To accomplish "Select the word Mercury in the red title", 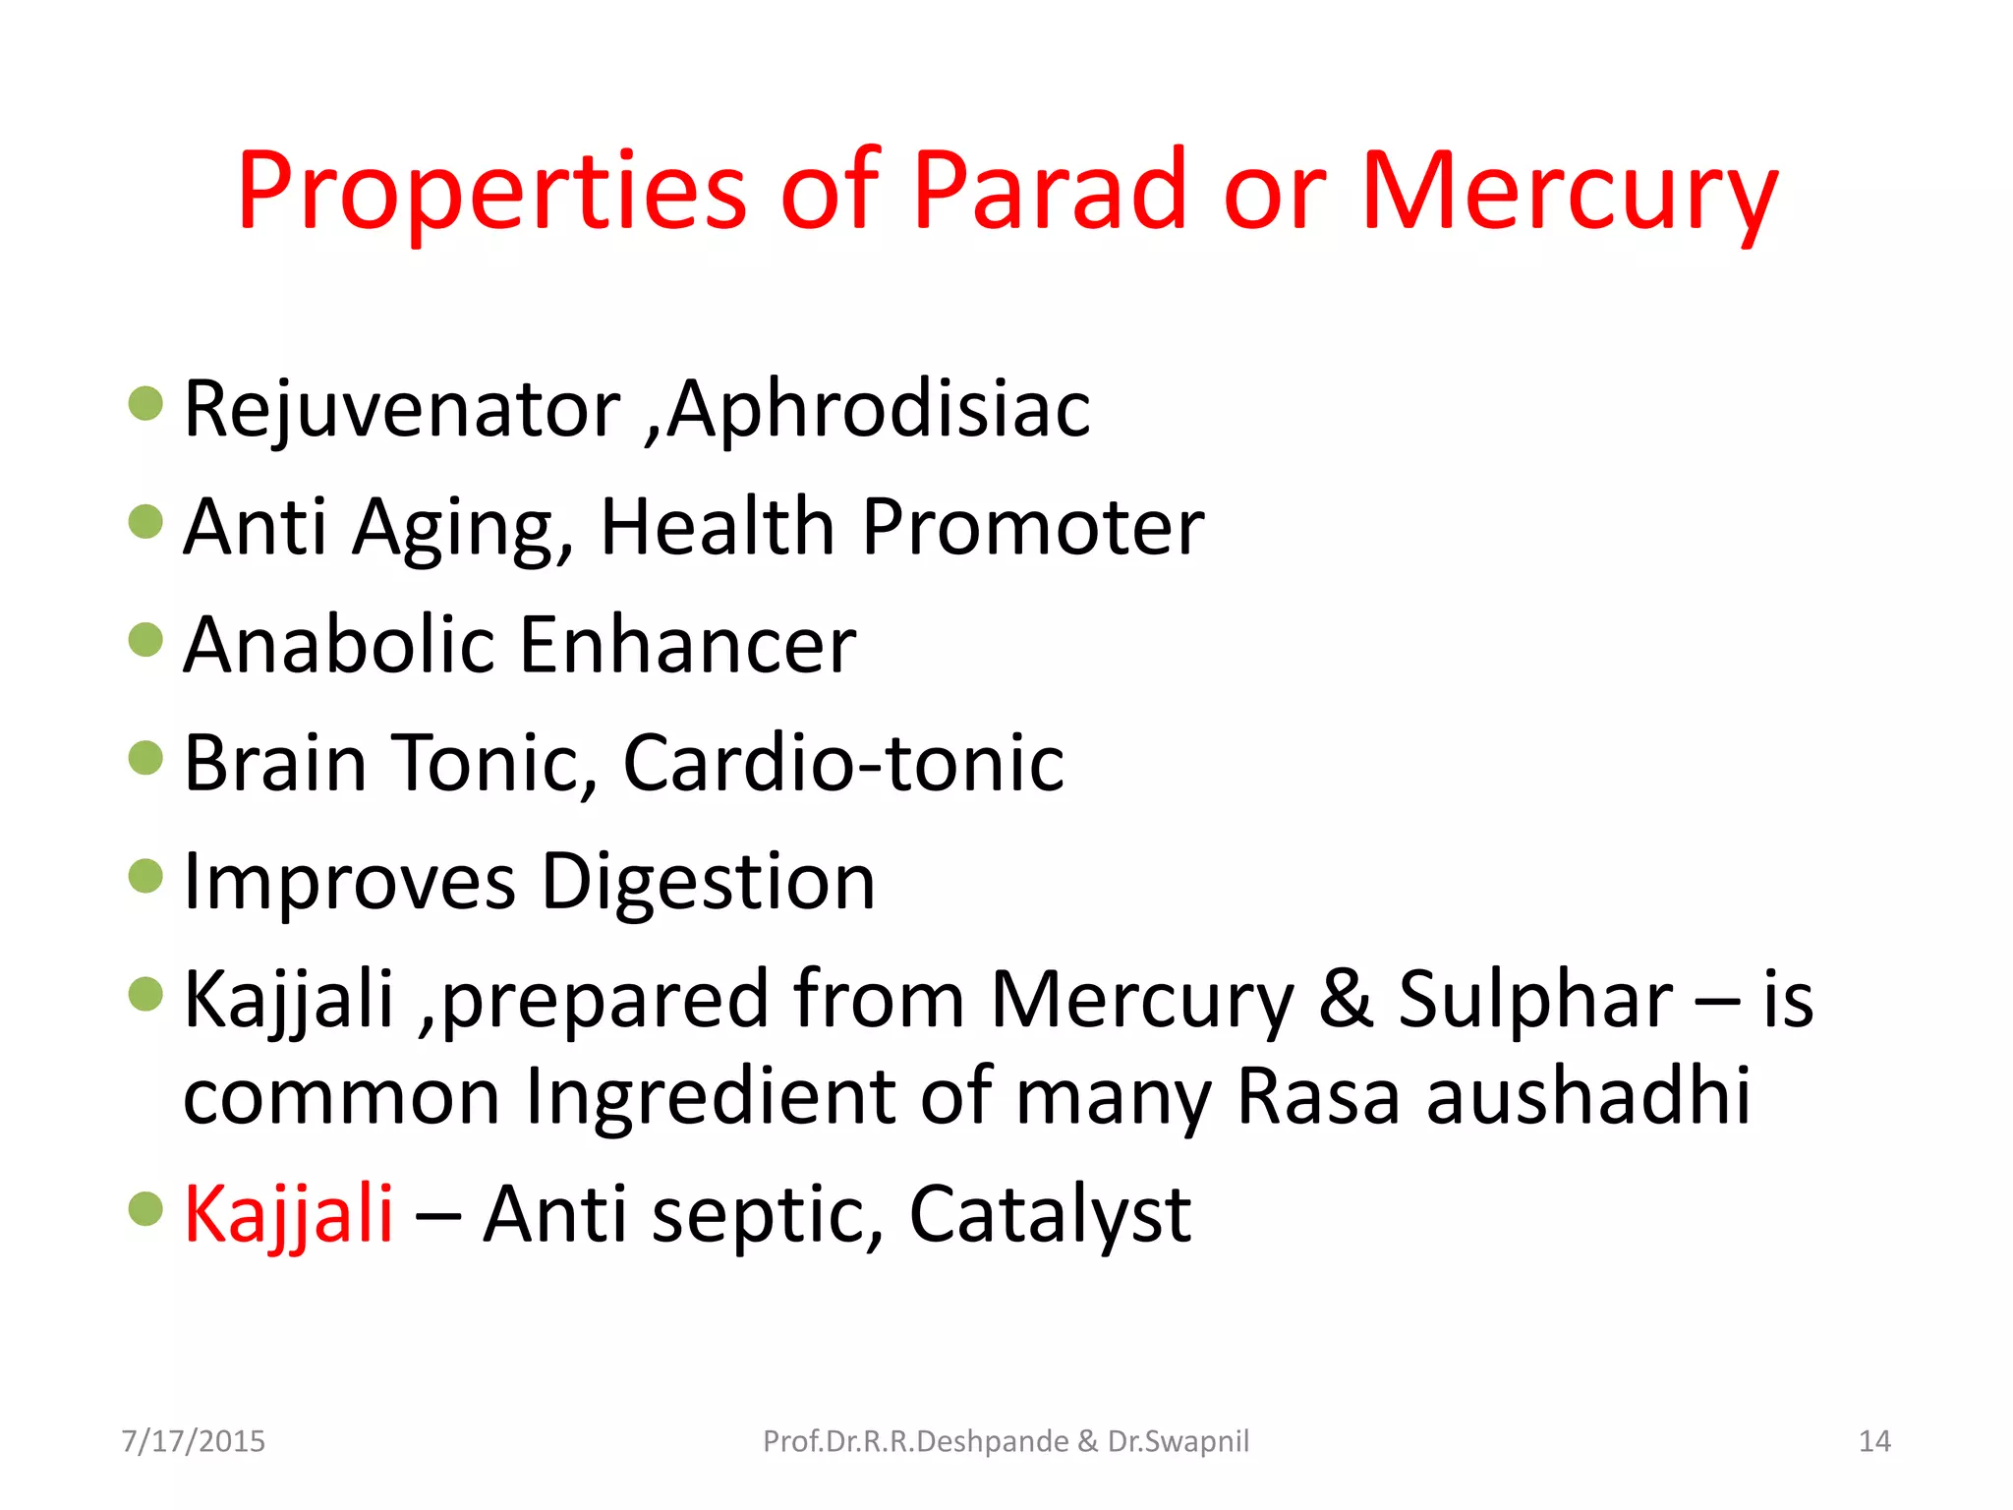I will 1569,195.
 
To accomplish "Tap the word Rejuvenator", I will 402,409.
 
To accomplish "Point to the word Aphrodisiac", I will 879,409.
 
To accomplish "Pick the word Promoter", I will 1032,527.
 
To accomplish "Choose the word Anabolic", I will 338,645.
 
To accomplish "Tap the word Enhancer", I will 687,645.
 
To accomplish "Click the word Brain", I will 275,763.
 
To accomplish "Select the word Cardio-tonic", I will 843,763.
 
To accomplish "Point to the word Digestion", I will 708,883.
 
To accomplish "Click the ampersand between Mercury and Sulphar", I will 1346,1000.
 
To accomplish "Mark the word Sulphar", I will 1535,1000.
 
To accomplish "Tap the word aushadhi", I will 1588,1096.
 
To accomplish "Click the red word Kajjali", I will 288,1216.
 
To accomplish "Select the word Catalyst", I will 1050,1216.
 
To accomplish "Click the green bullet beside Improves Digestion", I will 145,875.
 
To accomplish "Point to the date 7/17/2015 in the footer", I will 193,1441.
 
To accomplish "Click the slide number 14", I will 1874,1441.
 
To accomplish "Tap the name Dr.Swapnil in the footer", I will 1179,1441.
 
